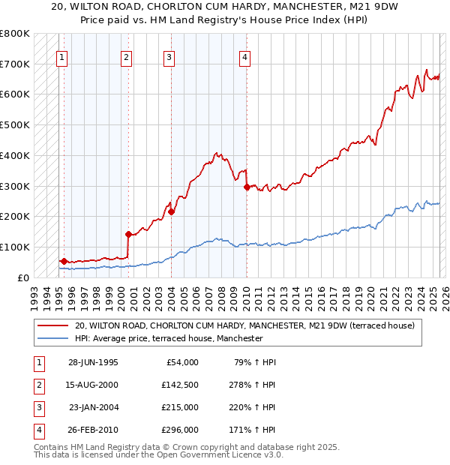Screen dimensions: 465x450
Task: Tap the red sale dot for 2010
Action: coord(247,187)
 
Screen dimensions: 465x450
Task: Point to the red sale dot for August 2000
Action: coord(128,233)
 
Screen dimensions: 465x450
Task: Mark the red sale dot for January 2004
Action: coord(171,211)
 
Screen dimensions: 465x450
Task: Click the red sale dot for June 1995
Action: coord(64,261)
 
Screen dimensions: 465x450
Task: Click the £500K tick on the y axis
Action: coord(15,124)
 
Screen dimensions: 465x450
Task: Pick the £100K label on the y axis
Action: coord(15,247)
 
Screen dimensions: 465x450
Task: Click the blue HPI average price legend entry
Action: coord(169,339)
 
